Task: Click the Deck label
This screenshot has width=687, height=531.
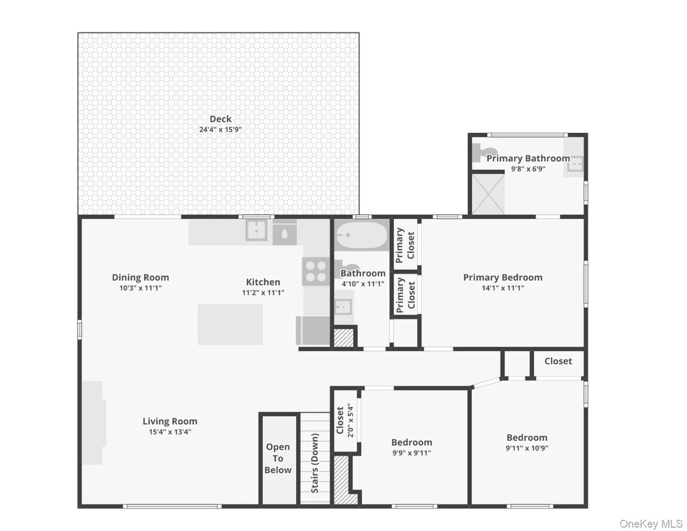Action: tap(221, 119)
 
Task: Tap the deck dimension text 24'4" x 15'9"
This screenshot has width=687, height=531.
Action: tap(221, 129)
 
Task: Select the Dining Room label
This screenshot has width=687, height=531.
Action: tap(141, 277)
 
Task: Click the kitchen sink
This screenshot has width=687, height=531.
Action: tap(256, 230)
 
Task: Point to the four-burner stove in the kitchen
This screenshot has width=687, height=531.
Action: tap(316, 271)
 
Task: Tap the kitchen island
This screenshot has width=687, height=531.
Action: tap(230, 324)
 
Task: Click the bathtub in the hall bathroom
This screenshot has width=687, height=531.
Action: tap(361, 235)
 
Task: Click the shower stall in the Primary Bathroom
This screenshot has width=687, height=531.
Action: tap(488, 194)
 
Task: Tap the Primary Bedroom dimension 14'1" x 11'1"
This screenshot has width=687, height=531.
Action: tap(503, 288)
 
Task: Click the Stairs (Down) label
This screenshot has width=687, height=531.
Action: tap(315, 463)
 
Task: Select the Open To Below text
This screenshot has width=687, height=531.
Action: tap(278, 458)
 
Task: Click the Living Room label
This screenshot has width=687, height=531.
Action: tap(170, 421)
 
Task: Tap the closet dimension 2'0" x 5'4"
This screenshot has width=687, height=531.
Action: tap(350, 420)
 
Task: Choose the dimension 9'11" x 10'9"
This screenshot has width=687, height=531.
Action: tap(526, 448)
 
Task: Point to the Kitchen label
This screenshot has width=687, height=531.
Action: tap(263, 282)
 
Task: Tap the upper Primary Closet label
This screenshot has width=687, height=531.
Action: tap(405, 245)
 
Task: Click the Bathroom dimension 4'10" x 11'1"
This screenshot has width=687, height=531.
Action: tap(363, 284)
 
